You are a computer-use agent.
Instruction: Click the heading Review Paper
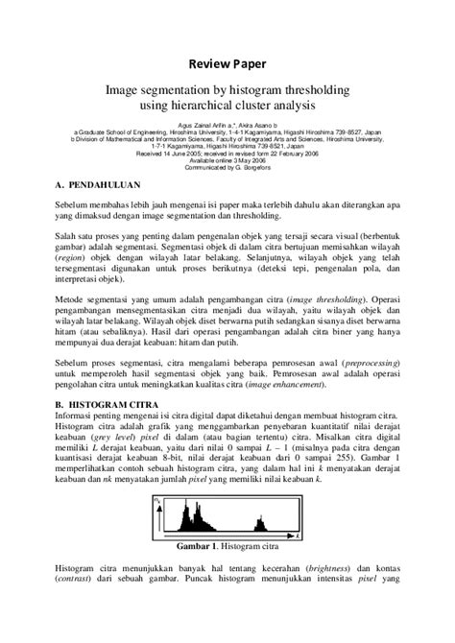[x=227, y=64]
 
